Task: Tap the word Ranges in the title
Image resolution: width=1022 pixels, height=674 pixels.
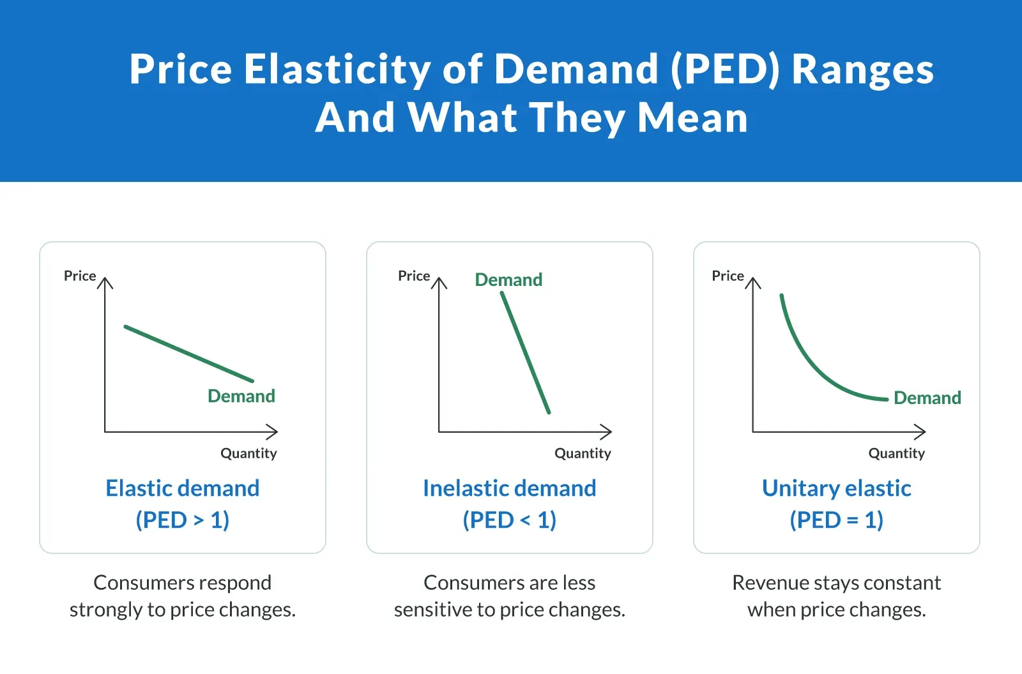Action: point(862,69)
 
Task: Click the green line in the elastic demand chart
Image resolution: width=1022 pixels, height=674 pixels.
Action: point(188,354)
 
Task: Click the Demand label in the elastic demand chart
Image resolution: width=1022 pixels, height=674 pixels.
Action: point(241,396)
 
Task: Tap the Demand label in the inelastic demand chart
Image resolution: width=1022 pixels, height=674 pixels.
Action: point(508,280)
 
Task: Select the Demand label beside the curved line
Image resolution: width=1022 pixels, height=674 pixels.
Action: point(927,398)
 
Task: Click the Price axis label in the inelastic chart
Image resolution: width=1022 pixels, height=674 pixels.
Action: point(414,276)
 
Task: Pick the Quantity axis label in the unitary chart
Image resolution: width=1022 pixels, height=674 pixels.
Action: point(896,453)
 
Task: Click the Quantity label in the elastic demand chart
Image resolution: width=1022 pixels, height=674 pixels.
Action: point(248,453)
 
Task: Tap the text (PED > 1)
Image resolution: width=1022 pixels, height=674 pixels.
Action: point(183,520)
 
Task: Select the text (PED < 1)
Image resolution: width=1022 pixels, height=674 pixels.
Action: point(510,520)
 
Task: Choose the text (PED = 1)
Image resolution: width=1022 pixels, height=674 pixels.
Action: point(836,520)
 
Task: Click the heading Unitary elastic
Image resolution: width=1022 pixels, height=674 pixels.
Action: point(836,488)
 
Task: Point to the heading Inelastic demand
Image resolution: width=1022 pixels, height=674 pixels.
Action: point(510,488)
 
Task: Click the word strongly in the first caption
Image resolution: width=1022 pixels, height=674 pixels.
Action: point(106,610)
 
